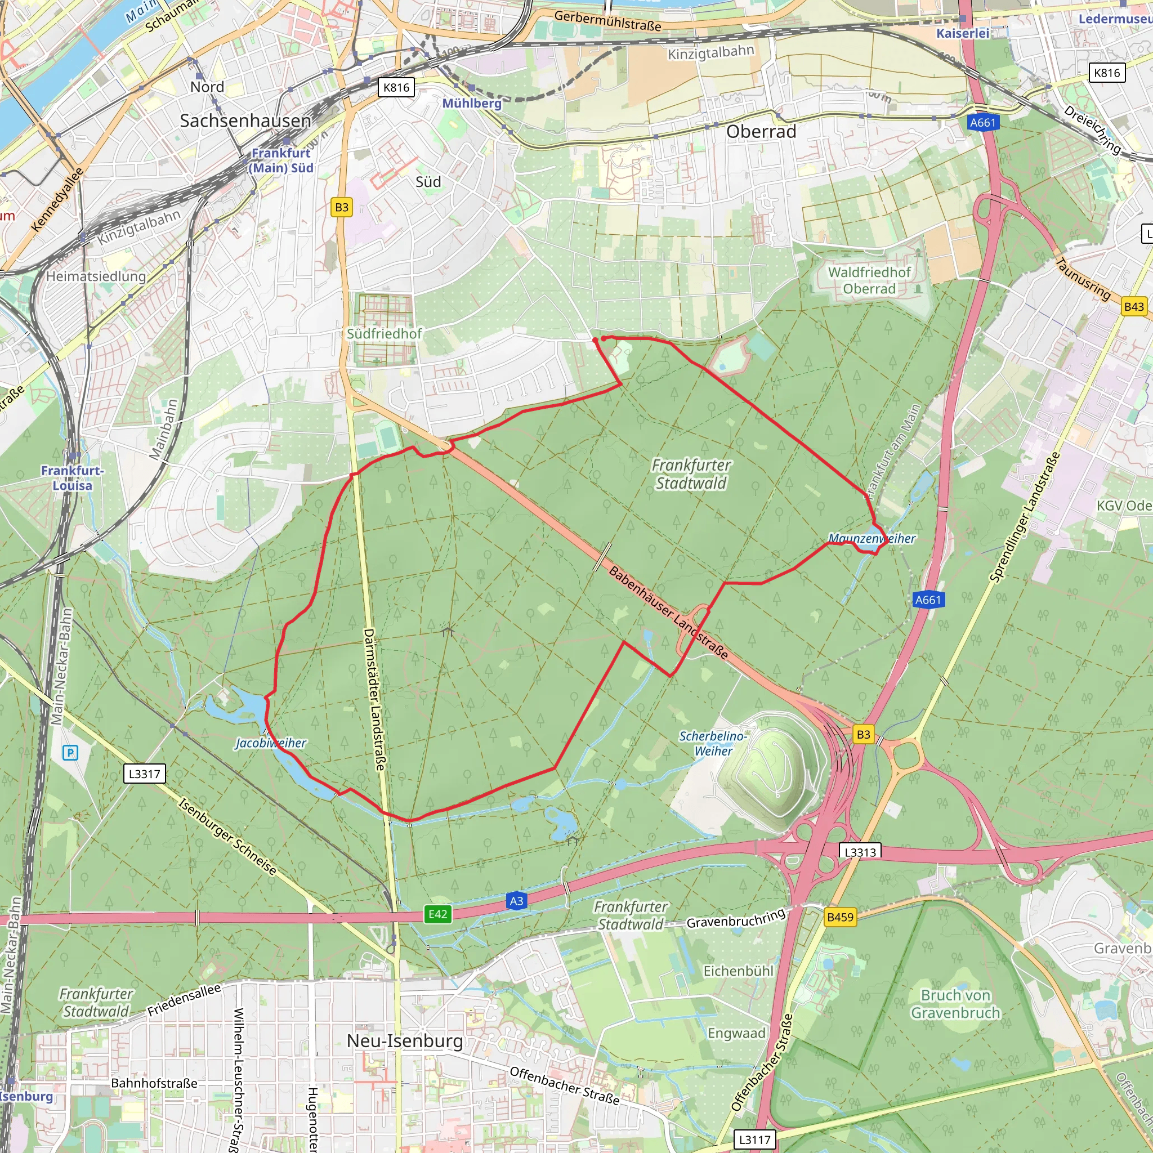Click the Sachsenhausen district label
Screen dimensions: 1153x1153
(245, 120)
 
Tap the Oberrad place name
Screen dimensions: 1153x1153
(761, 131)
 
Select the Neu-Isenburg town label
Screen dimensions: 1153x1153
(405, 1041)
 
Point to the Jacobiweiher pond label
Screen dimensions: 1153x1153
(270, 743)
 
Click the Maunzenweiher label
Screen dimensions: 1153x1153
(872, 538)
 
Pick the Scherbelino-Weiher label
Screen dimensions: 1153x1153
(713, 744)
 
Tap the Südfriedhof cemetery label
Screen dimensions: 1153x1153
(385, 334)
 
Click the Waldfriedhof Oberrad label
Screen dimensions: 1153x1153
(869, 280)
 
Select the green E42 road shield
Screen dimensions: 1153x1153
(437, 914)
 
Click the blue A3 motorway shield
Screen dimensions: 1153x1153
(516, 901)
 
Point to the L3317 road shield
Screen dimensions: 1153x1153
(145, 774)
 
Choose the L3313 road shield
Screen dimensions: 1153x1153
(860, 852)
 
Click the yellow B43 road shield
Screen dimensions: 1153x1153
(1134, 307)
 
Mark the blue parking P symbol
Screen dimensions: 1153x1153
(70, 753)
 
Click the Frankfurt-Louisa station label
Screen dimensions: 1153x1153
(72, 478)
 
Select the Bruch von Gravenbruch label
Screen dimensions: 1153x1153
(955, 1004)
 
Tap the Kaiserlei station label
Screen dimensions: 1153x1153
(963, 33)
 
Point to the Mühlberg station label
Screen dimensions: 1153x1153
(471, 103)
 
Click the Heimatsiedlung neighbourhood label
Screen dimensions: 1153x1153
(96, 276)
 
